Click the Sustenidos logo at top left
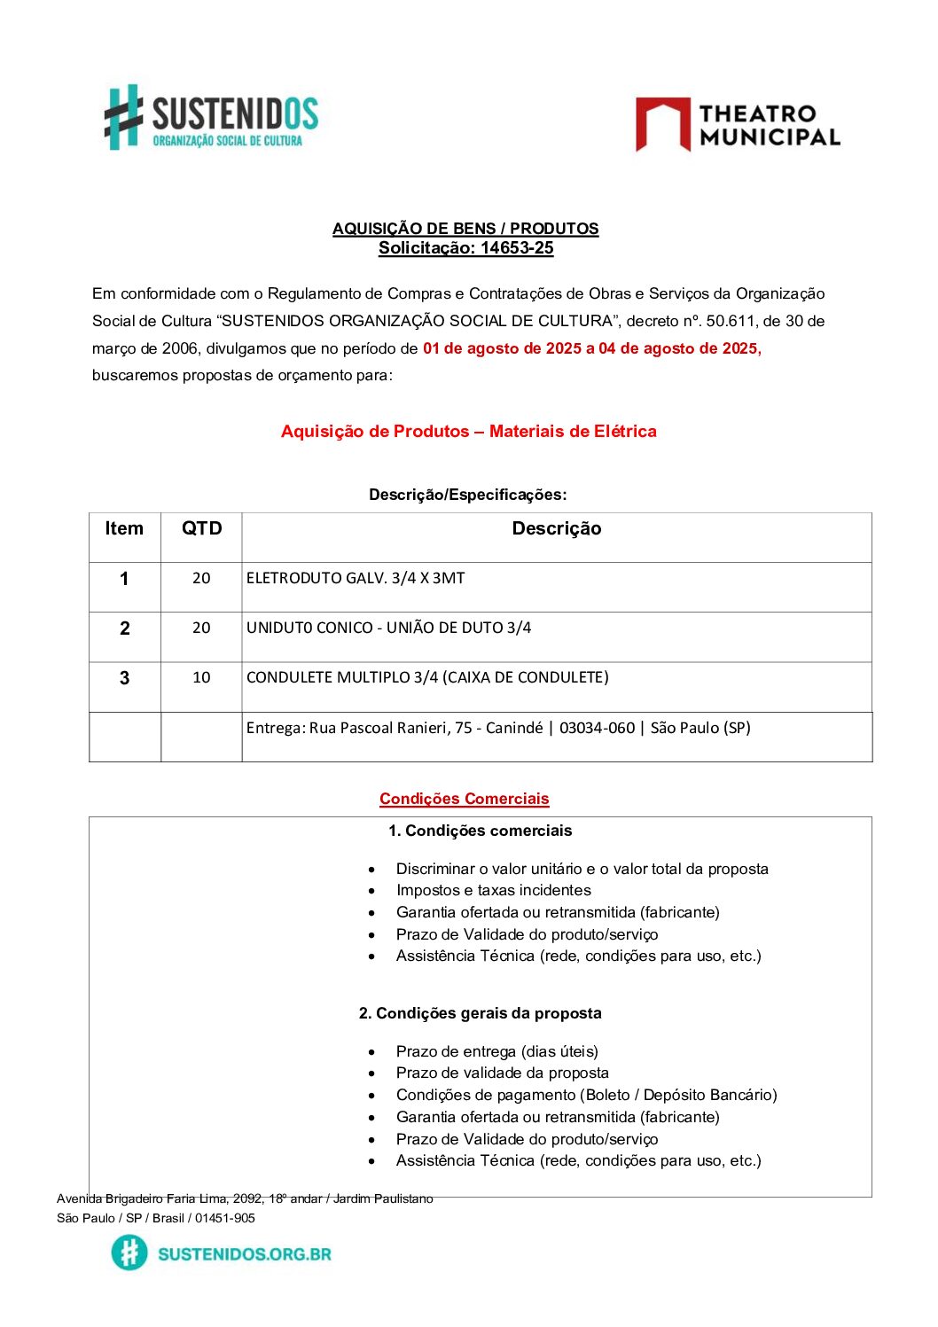[211, 117]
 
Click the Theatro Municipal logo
[738, 125]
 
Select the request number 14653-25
[517, 248]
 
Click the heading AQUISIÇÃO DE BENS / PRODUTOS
[465, 229]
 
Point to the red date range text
[591, 348]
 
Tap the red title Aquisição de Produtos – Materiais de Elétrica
[468, 432]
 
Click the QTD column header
[201, 529]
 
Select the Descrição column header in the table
[557, 529]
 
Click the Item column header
[124, 529]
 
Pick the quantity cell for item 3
[201, 678]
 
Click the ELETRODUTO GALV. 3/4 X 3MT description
[356, 579]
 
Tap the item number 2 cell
[124, 628]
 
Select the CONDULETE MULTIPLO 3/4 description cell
[427, 678]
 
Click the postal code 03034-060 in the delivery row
[597, 729]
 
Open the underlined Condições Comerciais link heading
[465, 799]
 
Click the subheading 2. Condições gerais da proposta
[480, 1013]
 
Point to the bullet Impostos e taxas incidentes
[493, 890]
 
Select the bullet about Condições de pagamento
[586, 1095]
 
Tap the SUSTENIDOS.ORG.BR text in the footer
[244, 1254]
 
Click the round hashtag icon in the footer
[129, 1253]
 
